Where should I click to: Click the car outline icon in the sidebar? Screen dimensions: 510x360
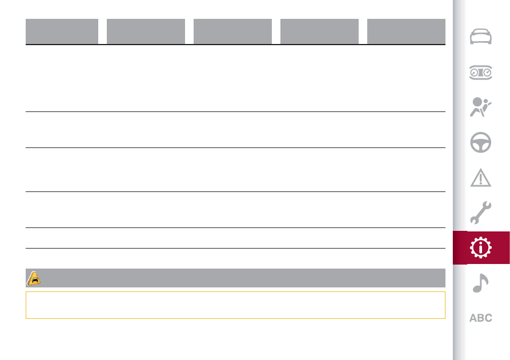(481, 37)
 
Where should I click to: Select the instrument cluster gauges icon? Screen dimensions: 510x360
(481, 72)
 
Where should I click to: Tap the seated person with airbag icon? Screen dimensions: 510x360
(480, 107)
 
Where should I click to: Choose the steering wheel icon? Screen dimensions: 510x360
(481, 142)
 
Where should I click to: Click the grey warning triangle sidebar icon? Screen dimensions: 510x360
(481, 178)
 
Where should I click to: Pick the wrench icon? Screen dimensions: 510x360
(481, 213)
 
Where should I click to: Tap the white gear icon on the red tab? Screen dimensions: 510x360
(481, 247)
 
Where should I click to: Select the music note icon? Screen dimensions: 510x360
(480, 283)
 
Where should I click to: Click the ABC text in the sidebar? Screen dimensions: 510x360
(481, 318)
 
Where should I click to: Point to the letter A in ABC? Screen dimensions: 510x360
(473, 318)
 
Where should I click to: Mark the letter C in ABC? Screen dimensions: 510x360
(488, 318)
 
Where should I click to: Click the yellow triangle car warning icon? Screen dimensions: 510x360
(34, 278)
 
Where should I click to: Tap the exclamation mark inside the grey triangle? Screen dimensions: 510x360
(481, 179)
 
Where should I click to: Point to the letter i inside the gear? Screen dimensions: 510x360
(481, 248)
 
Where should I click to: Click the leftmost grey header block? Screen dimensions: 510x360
(62, 31)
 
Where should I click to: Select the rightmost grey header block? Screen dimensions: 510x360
(406, 31)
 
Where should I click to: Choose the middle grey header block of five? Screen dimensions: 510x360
(232, 31)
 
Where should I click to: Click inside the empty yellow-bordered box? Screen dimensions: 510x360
(235, 305)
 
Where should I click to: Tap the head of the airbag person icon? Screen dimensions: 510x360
(477, 102)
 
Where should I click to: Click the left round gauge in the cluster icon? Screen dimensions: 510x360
(474, 73)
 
